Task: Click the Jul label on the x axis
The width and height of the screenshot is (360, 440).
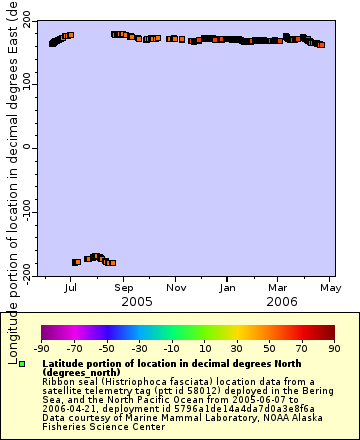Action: click(x=71, y=288)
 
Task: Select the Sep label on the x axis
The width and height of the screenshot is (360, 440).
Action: click(x=123, y=288)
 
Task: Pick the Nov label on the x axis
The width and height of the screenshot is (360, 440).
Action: click(x=176, y=288)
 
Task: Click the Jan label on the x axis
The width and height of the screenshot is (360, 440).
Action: click(x=228, y=288)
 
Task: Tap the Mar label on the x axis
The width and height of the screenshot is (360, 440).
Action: click(x=278, y=288)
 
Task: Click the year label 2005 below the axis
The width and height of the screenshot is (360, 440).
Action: click(x=136, y=301)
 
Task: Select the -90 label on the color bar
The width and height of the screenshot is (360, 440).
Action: click(x=42, y=348)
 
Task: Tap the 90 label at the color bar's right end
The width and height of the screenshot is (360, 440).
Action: click(x=335, y=348)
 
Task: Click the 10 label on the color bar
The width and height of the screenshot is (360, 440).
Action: click(x=204, y=348)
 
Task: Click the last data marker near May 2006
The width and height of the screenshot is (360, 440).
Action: click(x=321, y=45)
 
